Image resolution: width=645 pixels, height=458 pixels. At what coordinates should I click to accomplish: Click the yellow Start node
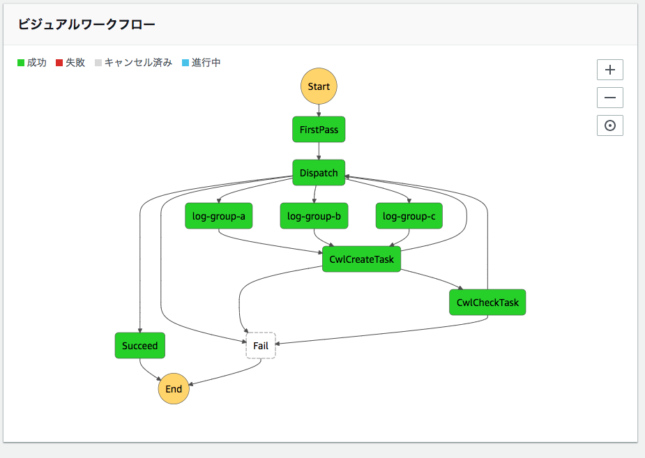click(x=319, y=86)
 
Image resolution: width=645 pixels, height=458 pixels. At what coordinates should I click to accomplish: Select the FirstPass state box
click(x=319, y=130)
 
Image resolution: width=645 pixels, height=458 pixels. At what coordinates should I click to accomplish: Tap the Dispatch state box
click(x=319, y=173)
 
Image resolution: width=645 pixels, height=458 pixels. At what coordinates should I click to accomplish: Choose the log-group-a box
click(x=218, y=216)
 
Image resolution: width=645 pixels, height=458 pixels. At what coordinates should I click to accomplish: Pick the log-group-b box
click(x=314, y=216)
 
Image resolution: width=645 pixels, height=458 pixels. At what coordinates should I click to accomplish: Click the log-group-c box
click(x=409, y=216)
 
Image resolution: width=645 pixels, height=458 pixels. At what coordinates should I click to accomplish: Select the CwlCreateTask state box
click(x=361, y=259)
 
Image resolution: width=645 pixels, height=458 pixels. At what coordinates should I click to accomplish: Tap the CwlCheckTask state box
click(x=487, y=303)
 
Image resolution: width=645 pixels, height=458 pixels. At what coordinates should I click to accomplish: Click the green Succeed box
click(x=139, y=346)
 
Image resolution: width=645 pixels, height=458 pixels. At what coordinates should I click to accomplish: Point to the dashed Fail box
click(x=261, y=346)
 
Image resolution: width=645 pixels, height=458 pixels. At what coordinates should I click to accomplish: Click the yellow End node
click(x=174, y=389)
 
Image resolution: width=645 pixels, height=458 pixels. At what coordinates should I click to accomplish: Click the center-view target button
click(x=609, y=125)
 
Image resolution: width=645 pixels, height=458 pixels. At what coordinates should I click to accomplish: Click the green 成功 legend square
click(x=21, y=63)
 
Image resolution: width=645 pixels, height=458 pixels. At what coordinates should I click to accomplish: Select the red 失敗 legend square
click(x=59, y=63)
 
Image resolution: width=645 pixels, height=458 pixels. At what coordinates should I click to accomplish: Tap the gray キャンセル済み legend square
click(x=98, y=63)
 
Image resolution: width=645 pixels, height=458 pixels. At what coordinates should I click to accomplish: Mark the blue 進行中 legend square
click(x=185, y=63)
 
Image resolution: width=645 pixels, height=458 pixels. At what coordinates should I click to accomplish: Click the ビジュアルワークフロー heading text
click(x=86, y=24)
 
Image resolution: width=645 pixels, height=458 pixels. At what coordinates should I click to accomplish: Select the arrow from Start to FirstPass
click(x=319, y=110)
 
